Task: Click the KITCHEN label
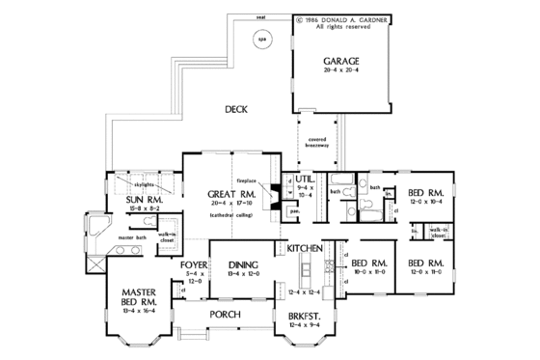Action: [308, 248]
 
